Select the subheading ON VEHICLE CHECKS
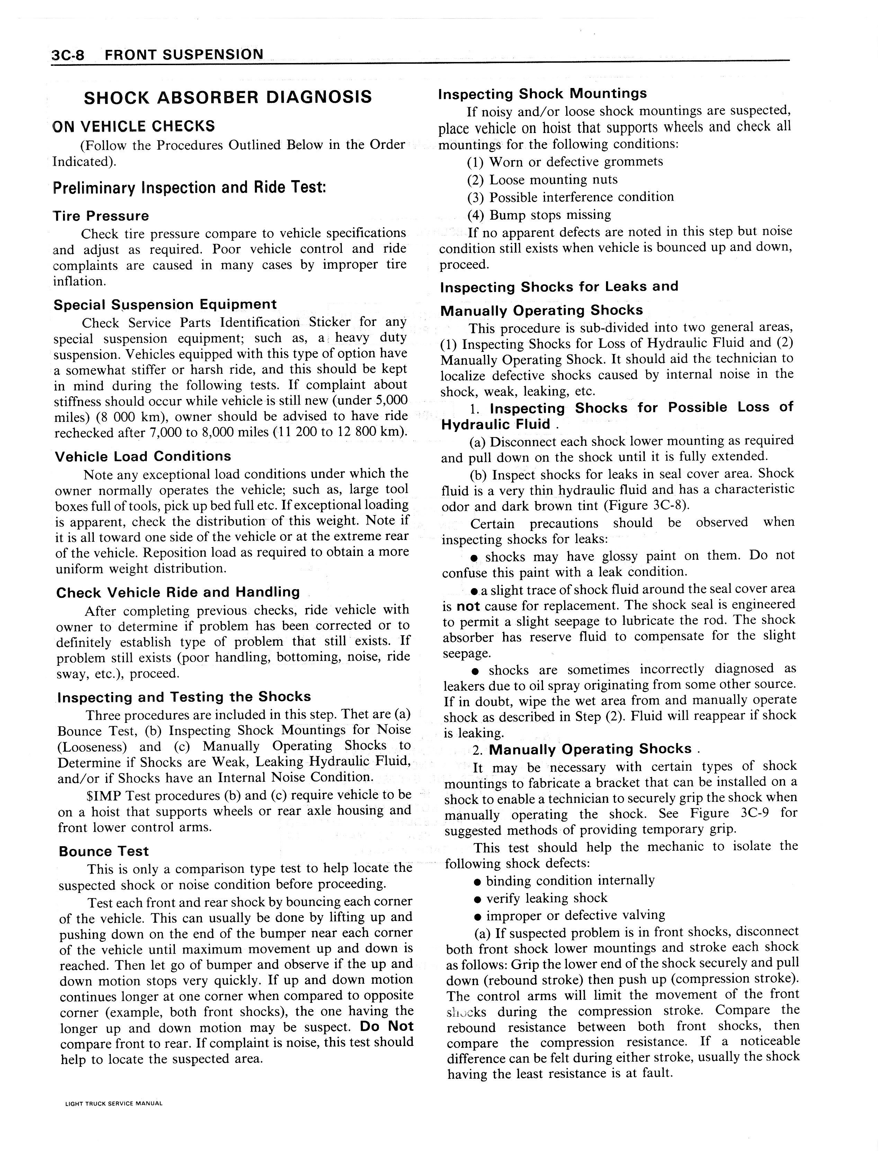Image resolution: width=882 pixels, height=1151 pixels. (x=134, y=126)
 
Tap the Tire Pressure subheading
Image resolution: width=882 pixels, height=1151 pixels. (x=101, y=216)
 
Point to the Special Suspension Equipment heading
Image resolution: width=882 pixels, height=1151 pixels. (x=165, y=304)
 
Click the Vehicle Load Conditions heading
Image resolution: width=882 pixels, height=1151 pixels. (x=143, y=456)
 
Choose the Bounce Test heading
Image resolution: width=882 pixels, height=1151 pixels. (x=104, y=851)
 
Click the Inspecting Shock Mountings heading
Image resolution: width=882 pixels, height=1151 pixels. (x=542, y=94)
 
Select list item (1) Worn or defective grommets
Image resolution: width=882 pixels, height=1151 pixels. (x=565, y=162)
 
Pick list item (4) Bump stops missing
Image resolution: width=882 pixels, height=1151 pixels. (x=539, y=215)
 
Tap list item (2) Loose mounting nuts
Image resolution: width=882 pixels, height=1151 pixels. (x=542, y=179)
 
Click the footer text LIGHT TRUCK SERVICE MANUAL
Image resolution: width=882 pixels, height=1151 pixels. (x=113, y=1103)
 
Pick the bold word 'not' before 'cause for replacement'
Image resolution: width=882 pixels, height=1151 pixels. (x=468, y=607)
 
